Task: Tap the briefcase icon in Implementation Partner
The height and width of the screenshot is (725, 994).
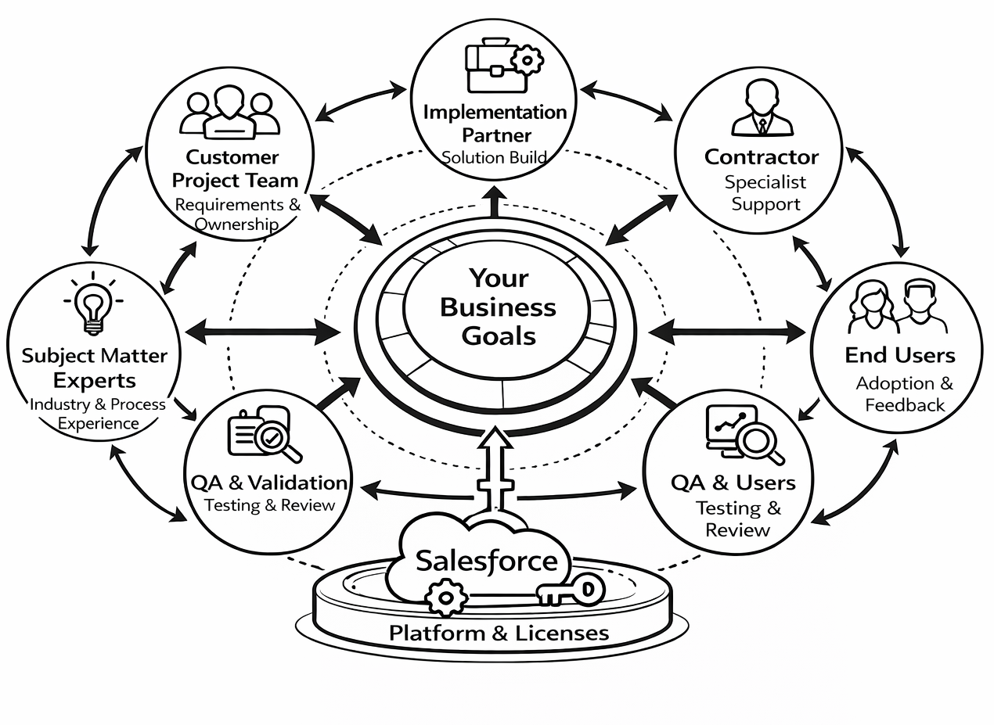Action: click(490, 67)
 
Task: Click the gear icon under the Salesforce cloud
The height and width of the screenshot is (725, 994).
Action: click(445, 598)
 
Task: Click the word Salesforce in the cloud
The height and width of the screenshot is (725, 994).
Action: click(487, 561)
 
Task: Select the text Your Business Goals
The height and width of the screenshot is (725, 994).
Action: click(499, 307)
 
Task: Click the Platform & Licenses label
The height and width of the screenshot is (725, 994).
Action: click(499, 633)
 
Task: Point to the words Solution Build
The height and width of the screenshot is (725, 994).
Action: click(494, 157)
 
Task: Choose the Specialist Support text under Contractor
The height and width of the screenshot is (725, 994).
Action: click(762, 193)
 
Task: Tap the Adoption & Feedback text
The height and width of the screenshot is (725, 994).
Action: click(904, 394)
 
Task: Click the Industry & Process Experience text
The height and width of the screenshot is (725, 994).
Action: click(98, 414)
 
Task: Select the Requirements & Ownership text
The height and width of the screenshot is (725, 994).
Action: click(237, 214)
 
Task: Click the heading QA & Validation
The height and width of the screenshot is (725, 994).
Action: click(268, 482)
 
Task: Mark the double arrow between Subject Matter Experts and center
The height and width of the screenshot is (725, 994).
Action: click(262, 331)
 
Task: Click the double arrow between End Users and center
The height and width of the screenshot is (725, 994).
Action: click(727, 331)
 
